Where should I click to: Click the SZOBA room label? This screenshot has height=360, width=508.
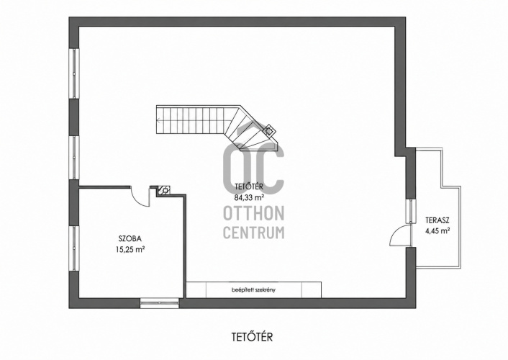coord(130,239)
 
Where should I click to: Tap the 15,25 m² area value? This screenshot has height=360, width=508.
coord(130,249)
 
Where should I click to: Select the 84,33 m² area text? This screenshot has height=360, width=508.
coord(249,197)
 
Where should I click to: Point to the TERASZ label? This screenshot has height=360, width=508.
coord(437,221)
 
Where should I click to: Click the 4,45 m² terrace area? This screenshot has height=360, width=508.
coord(437,231)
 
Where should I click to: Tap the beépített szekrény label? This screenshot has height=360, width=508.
coord(254,289)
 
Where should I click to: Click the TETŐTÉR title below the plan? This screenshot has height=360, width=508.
coord(253,337)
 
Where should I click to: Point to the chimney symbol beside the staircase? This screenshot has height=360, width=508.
coord(268,131)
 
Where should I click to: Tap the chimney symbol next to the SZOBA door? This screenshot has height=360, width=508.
coord(165,190)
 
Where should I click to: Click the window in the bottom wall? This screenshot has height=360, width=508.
coord(160,302)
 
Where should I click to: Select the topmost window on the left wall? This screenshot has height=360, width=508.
coord(74,73)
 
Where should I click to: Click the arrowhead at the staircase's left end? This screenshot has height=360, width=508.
coord(158,121)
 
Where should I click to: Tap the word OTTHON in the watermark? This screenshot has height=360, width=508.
coord(254,212)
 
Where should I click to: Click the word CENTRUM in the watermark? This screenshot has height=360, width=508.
coord(254,233)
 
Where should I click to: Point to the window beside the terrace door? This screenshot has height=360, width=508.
coord(411,211)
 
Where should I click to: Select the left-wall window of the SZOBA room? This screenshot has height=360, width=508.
coord(74,248)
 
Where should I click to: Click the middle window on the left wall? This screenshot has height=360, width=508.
coord(74,158)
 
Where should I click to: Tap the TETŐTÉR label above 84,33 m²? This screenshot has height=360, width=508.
coord(249,186)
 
